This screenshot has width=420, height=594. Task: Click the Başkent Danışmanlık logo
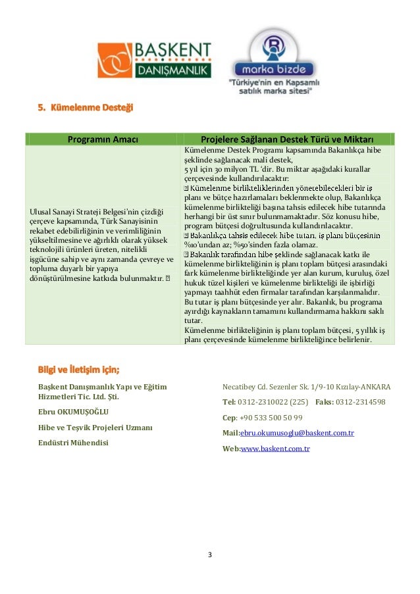154,61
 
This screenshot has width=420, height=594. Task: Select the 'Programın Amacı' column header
102,139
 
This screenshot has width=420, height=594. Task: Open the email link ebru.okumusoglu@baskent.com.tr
297,433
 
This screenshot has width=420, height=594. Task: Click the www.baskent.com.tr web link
275,449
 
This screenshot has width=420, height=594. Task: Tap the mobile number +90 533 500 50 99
271,417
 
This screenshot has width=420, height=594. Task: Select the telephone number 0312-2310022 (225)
272,401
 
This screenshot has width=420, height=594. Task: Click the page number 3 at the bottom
209,555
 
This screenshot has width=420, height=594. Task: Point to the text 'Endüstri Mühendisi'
74,442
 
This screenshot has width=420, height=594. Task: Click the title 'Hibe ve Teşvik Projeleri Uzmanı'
95,428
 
